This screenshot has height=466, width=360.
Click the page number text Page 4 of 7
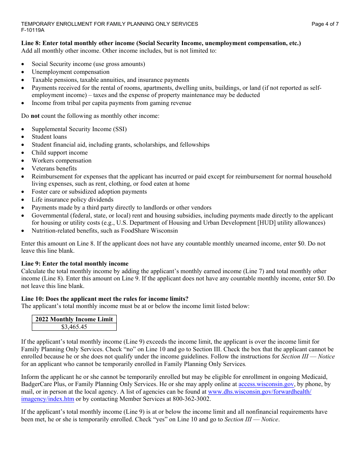pyautogui.click(x=325, y=24)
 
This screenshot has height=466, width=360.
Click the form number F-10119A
pyautogui.click(x=33, y=30)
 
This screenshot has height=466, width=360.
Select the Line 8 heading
pyautogui.click(x=161, y=43)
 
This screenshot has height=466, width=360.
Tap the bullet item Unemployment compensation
pyautogui.click(x=70, y=72)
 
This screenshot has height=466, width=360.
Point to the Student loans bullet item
pyautogui.click(x=49, y=137)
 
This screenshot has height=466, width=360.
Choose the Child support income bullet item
pyautogui.click(x=59, y=153)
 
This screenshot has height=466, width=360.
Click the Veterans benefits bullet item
pyautogui.click(x=54, y=169)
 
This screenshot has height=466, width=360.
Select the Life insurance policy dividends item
pyautogui.click(x=72, y=200)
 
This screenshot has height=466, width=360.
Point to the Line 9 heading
pyautogui.click(x=75, y=264)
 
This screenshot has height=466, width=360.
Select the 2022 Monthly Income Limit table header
pyautogui.click(x=74, y=319)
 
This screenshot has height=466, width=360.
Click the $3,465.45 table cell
pyautogui.click(x=74, y=327)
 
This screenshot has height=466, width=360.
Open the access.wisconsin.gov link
pyautogui.click(x=266, y=384)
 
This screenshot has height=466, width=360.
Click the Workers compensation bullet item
pyautogui.click(x=61, y=161)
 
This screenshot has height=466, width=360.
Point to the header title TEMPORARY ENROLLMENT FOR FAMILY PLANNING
pyautogui.click(x=110, y=24)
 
